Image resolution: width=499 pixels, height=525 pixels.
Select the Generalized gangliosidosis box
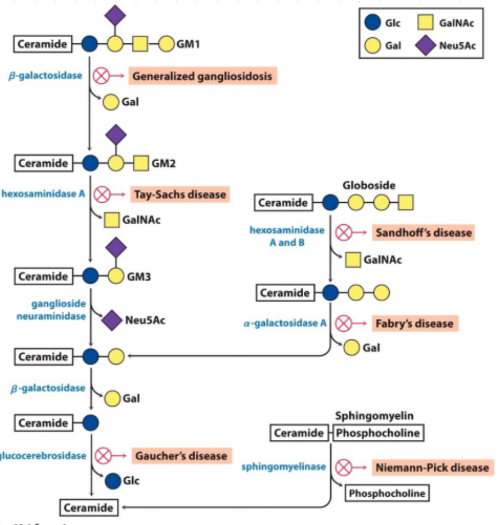(202, 75)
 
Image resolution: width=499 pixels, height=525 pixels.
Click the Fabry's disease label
(415, 323)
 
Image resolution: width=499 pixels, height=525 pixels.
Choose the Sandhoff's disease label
(423, 232)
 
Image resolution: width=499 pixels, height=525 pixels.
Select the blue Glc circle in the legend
(372, 24)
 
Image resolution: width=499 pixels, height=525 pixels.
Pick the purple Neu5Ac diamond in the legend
(426, 46)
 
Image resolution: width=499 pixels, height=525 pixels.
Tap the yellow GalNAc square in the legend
(426, 24)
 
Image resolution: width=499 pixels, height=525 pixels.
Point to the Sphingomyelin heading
(374, 416)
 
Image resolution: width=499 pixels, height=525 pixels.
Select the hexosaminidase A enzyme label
(43, 194)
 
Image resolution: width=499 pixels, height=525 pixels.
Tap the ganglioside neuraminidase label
(59, 310)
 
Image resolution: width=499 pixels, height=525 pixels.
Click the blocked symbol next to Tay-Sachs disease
(102, 195)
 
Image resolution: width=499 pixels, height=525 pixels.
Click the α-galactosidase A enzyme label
(285, 323)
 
